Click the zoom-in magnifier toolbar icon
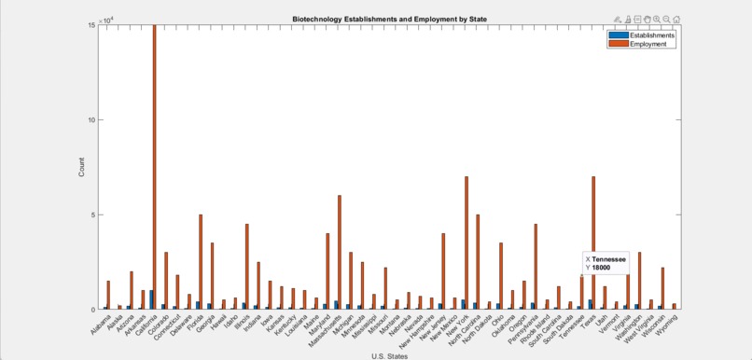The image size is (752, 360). pyautogui.click(x=657, y=19)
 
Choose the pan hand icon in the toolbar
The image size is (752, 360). pyautogui.click(x=647, y=19)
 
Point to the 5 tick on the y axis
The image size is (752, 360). pyautogui.click(x=93, y=215)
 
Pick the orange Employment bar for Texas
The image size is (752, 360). pyautogui.click(x=593, y=242)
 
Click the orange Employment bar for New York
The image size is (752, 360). pyautogui.click(x=467, y=242)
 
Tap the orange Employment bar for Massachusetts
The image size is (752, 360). pyautogui.click(x=340, y=252)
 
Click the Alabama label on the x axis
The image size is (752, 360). pyautogui.click(x=101, y=323)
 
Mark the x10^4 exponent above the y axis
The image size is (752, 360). pyautogui.click(x=108, y=20)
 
